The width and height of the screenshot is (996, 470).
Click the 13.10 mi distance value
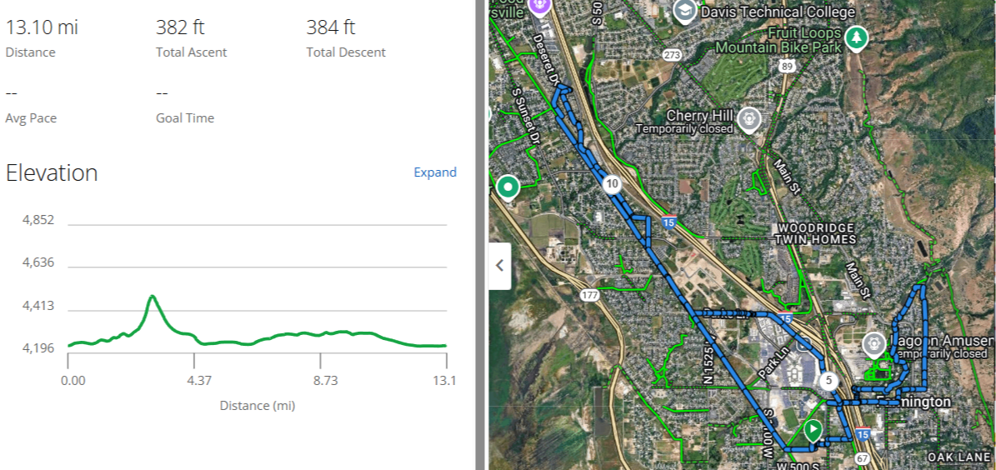point(43,27)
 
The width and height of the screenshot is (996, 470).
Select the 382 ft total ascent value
point(180,27)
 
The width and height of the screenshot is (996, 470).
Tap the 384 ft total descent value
point(331,27)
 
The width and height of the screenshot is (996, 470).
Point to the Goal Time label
point(185,118)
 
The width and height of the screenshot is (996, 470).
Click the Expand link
point(435,172)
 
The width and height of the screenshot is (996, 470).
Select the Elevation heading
point(52,173)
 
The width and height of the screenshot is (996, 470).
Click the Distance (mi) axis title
point(257,406)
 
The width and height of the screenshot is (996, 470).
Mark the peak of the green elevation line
point(152,296)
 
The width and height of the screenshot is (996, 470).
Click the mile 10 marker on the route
point(612,184)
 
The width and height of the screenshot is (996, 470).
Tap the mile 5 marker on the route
point(828,381)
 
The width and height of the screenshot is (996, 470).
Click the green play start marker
point(813,430)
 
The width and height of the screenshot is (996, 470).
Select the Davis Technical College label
point(778,12)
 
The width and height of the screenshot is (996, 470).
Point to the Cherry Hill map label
point(699,115)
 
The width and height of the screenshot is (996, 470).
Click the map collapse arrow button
point(500,266)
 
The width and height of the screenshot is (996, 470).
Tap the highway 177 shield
point(590,295)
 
